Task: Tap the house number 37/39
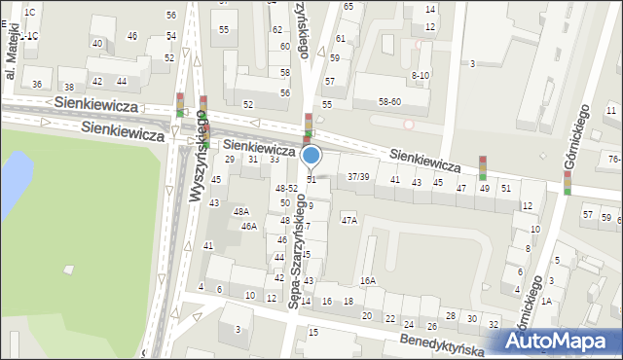(358, 176)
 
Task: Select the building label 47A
(348, 221)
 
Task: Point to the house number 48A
(241, 211)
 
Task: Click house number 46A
(249, 227)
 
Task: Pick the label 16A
(367, 280)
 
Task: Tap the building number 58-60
(390, 100)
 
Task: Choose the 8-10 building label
(421, 75)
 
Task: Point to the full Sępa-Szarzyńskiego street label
(298, 251)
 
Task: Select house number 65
(348, 6)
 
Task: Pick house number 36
(37, 85)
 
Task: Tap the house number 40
(96, 44)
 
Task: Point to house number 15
(312, 333)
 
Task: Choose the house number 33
(275, 159)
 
